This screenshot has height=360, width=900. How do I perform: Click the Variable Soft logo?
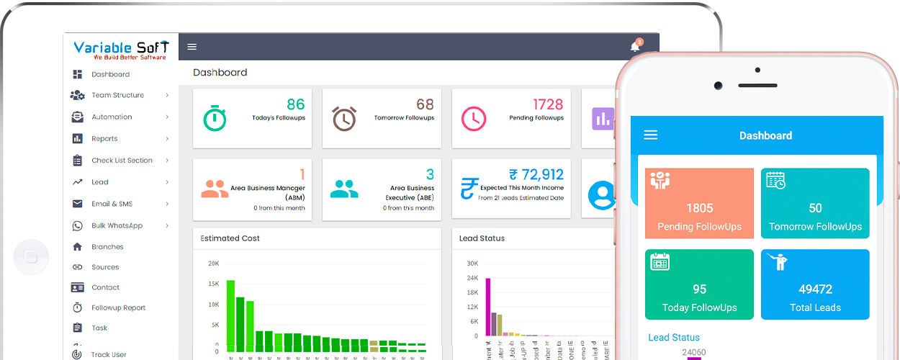(121, 50)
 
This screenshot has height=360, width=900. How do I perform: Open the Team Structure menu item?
(117, 95)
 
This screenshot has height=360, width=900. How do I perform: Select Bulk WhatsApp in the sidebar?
(117, 225)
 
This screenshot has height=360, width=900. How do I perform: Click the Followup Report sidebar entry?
(118, 307)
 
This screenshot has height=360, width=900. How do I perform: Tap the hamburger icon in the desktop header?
(192, 47)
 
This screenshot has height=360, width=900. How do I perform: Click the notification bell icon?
(635, 47)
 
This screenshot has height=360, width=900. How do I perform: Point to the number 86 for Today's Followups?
(295, 105)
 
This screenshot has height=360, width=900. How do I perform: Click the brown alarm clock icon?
(344, 118)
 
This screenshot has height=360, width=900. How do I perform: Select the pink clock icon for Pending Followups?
(474, 118)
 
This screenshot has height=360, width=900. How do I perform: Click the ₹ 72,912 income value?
(536, 174)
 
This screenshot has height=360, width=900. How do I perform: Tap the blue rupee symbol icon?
(469, 189)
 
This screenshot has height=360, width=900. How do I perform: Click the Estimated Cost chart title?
(230, 238)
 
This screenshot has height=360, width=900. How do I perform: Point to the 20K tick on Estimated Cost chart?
(213, 264)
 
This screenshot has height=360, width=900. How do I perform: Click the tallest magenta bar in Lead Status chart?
(487, 307)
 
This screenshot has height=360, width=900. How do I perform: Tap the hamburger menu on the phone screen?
(651, 135)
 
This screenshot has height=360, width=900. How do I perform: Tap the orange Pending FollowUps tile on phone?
(699, 204)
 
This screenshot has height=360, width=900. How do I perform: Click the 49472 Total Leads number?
(815, 289)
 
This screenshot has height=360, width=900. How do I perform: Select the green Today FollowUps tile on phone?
(699, 284)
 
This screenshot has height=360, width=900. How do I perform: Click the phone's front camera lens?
(718, 86)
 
